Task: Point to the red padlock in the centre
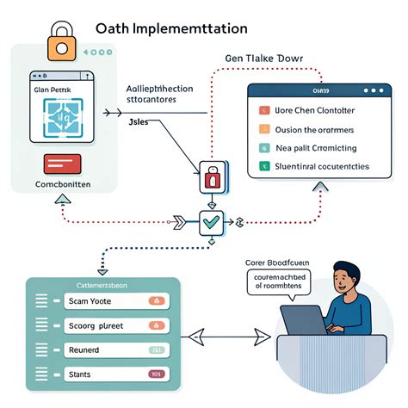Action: tap(212, 177)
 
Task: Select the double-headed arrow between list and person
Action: tap(226, 337)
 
